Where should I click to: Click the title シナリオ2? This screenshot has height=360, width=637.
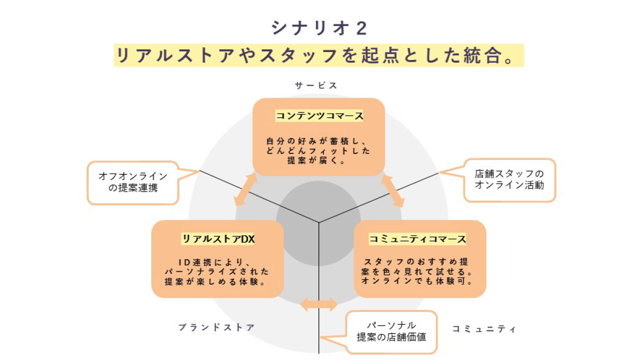(x=318, y=28)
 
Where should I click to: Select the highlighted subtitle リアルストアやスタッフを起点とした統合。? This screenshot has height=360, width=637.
(x=318, y=56)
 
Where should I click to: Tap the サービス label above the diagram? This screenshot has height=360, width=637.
(x=316, y=85)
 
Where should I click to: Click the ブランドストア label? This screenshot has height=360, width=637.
(x=217, y=328)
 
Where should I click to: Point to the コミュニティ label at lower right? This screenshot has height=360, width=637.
(x=484, y=329)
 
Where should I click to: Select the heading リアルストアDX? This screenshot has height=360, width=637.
(x=218, y=239)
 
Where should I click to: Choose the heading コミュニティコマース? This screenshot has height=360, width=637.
(x=418, y=239)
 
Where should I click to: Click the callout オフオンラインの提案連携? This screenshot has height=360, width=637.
(x=133, y=182)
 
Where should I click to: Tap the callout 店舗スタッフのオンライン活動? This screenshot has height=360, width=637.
(x=509, y=179)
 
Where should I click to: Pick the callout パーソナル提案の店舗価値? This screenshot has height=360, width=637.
(x=391, y=331)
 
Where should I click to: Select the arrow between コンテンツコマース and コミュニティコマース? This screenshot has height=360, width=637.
(x=392, y=191)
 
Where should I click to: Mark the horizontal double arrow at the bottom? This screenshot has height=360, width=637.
(x=318, y=304)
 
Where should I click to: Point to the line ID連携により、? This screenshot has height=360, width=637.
(x=218, y=262)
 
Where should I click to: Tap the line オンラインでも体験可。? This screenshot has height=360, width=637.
(x=418, y=281)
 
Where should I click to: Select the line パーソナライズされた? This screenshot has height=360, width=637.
(x=218, y=271)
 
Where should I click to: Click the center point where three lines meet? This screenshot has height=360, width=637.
(x=318, y=222)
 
